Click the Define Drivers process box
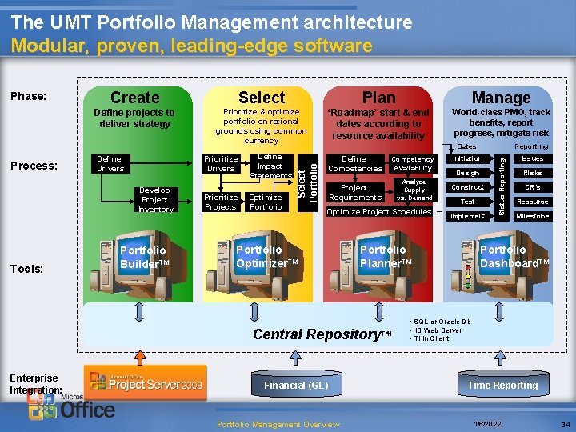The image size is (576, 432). (x=110, y=164)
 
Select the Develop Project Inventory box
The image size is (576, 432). (x=155, y=199)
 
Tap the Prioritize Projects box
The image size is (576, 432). (x=221, y=202)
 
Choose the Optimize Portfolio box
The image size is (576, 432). (x=266, y=202)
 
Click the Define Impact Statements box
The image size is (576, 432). (x=270, y=166)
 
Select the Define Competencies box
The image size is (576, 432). (x=354, y=164)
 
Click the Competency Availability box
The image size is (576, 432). (x=413, y=164)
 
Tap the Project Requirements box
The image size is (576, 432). (x=355, y=193)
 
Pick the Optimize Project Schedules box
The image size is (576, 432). (x=379, y=212)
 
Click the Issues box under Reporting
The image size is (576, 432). (x=532, y=159)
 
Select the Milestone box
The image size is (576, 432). (x=532, y=216)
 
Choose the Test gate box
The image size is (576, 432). (x=467, y=202)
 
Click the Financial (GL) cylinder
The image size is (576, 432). (x=296, y=385)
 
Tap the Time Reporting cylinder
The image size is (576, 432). (x=502, y=385)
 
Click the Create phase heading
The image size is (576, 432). (x=134, y=98)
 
